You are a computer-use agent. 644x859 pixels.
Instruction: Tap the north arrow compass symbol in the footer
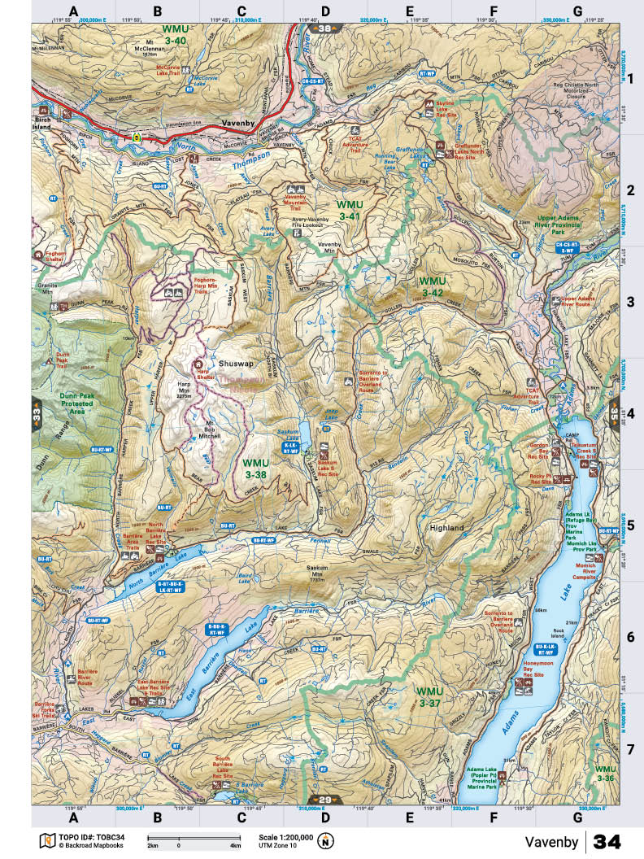(326, 841)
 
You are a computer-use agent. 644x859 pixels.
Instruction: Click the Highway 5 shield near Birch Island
(137, 137)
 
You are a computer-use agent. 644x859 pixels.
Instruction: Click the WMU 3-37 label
(430, 695)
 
